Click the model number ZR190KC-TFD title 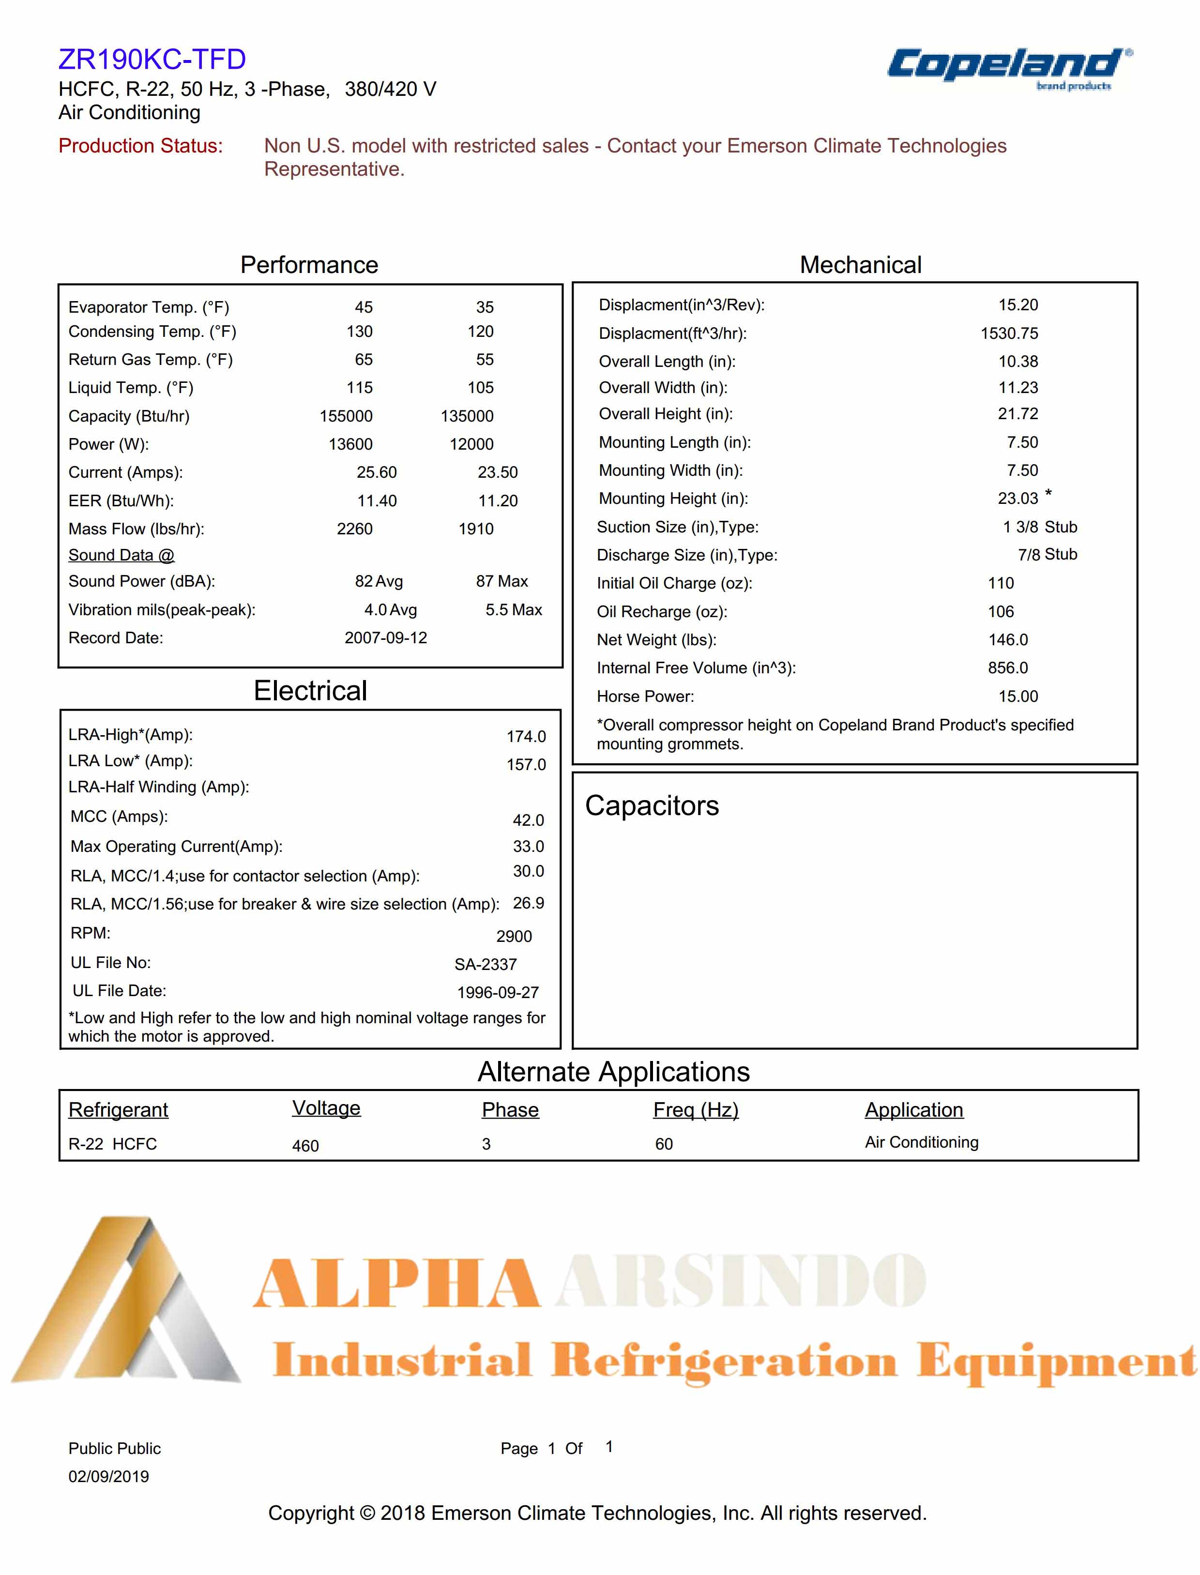(x=152, y=59)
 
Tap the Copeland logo (x=1009, y=68)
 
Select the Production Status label (x=141, y=146)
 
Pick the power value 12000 (x=471, y=444)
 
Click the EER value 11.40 (x=377, y=500)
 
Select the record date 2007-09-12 (x=386, y=638)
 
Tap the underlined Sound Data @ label (x=122, y=555)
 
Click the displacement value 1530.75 (x=1009, y=333)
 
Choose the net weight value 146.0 (x=1008, y=640)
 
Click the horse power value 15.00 (x=1018, y=697)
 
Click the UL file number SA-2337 (x=485, y=964)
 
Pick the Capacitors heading (x=652, y=806)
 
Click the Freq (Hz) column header (x=695, y=1110)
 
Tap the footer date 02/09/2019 (x=108, y=1476)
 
